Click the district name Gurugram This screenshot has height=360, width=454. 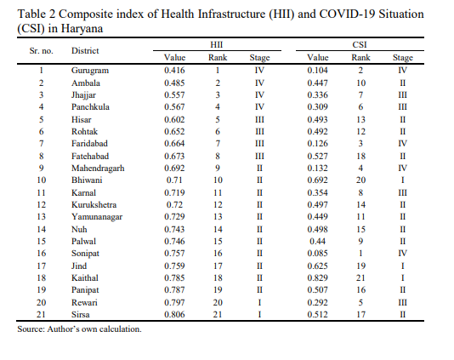90,71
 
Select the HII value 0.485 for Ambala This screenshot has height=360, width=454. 174,83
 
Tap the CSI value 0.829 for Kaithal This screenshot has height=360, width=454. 317,278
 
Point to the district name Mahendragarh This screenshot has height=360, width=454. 98,169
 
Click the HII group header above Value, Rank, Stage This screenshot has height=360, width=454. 216,44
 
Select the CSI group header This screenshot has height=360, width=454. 360,44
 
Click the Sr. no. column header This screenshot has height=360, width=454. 42,51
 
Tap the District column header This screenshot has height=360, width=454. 85,51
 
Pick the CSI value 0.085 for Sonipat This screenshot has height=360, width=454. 317,254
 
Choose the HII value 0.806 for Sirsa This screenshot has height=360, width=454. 174,315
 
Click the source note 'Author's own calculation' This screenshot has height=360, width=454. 94,329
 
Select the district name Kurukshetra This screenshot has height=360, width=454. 94,205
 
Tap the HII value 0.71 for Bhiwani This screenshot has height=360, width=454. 174,180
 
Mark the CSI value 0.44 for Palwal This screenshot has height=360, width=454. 317,242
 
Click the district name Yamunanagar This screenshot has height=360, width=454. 97,217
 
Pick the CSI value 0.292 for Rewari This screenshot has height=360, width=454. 317,303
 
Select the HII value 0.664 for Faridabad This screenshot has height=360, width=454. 174,144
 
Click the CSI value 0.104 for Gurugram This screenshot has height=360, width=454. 317,71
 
